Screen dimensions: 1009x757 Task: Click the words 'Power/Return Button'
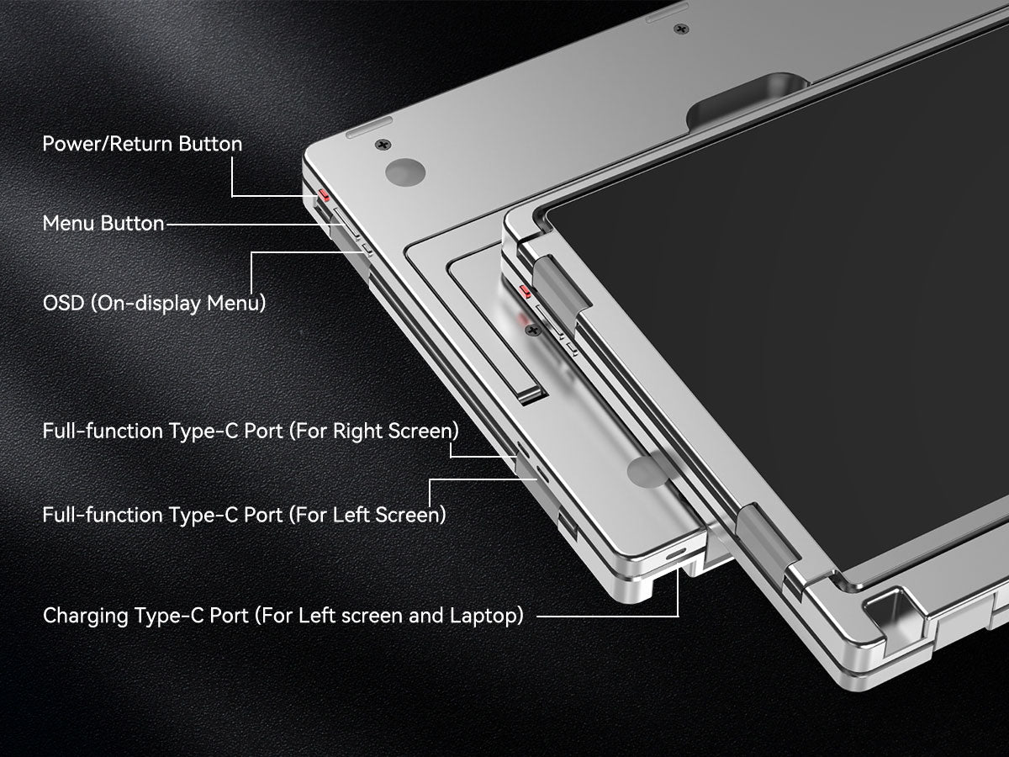click(142, 144)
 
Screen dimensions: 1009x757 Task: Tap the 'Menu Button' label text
click(103, 224)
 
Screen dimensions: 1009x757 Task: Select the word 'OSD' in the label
click(63, 304)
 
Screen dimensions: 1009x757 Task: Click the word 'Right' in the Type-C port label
click(358, 431)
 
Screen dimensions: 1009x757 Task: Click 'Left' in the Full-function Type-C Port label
click(351, 514)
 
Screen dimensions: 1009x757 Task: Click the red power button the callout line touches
click(324, 195)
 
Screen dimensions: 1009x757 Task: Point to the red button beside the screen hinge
click(525, 291)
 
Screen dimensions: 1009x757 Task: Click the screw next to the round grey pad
click(383, 145)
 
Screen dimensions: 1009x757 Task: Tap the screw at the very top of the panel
click(681, 29)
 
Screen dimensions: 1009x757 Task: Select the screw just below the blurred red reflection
click(533, 330)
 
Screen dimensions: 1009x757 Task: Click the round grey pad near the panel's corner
click(405, 172)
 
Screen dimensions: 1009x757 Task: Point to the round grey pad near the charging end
click(647, 471)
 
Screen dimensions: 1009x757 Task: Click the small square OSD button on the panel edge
click(367, 250)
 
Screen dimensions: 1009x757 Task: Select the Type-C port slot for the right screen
click(523, 448)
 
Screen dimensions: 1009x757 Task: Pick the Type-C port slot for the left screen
click(542, 474)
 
